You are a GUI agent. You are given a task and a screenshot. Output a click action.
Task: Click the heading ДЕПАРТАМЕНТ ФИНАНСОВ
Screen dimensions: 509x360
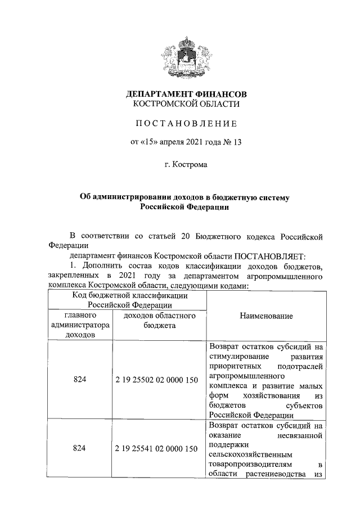pos(186,93)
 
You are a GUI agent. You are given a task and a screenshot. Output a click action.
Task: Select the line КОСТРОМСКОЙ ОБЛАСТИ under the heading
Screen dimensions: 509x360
pos(186,104)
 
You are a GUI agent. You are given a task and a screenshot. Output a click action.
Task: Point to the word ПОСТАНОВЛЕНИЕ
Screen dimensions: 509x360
pos(186,124)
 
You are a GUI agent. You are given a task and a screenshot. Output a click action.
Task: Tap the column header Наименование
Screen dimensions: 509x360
pos(267,316)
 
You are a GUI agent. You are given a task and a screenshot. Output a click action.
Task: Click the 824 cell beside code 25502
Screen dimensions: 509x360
pos(80,380)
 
